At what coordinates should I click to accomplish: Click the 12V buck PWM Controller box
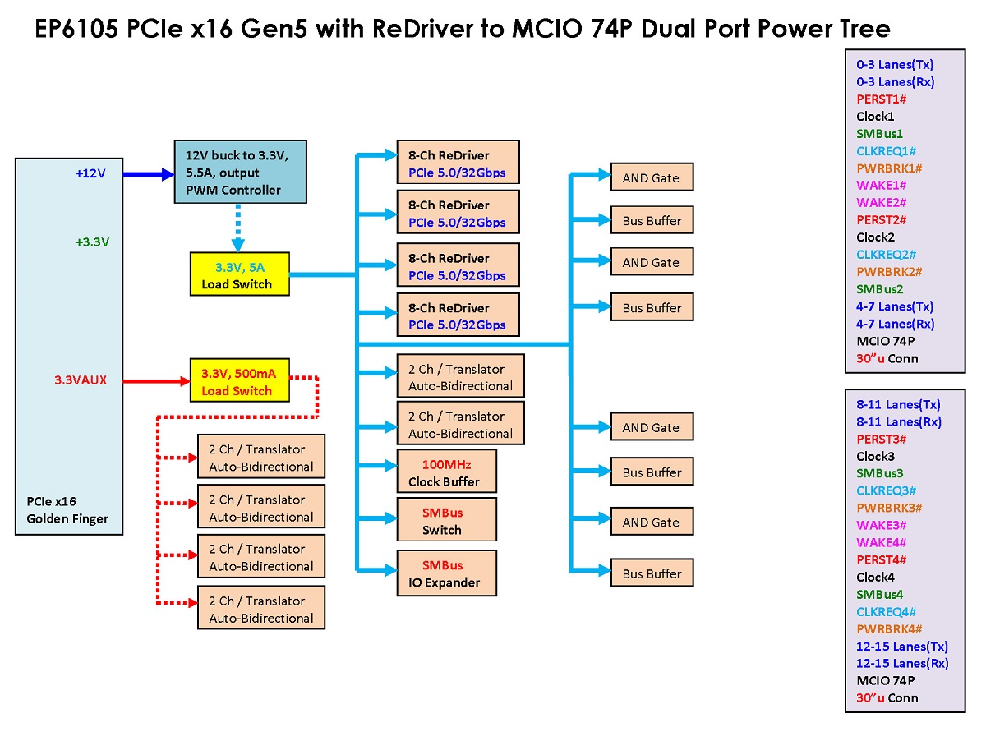pyautogui.click(x=240, y=172)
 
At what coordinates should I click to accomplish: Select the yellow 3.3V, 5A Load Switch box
pyautogui.click(x=240, y=274)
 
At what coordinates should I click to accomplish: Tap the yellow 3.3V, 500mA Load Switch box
pyautogui.click(x=240, y=380)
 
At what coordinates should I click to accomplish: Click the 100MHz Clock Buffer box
pyautogui.click(x=446, y=471)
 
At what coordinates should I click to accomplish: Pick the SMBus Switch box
pyautogui.click(x=446, y=519)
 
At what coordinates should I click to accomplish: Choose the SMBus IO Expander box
pyautogui.click(x=446, y=573)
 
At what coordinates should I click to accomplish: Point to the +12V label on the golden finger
pyautogui.click(x=90, y=173)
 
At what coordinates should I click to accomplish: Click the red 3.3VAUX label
pyautogui.click(x=81, y=380)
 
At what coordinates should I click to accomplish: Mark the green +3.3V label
pyautogui.click(x=93, y=242)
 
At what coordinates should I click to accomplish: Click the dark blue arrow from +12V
pyautogui.click(x=149, y=174)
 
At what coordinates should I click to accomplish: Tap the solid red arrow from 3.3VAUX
pyautogui.click(x=156, y=381)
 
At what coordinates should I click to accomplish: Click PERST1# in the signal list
pyautogui.click(x=881, y=99)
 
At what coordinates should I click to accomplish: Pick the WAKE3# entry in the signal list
pyautogui.click(x=881, y=525)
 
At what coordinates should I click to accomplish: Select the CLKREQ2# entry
pyautogui.click(x=886, y=254)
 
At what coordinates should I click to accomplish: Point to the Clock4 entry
pyautogui.click(x=875, y=577)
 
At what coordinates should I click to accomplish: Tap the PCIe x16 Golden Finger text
pyautogui.click(x=67, y=510)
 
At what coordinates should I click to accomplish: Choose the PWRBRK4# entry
pyautogui.click(x=889, y=628)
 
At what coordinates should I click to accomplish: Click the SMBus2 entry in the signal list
pyautogui.click(x=880, y=289)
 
